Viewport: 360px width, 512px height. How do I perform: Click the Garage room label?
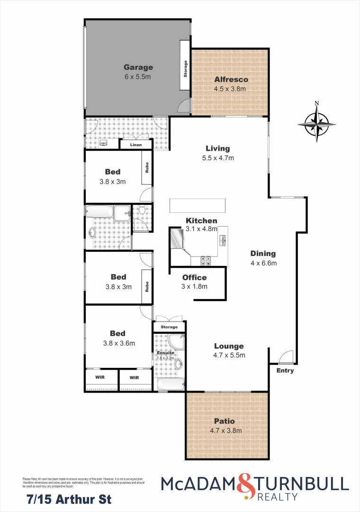pos(138,67)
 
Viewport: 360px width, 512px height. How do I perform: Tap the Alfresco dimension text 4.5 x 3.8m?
pos(231,89)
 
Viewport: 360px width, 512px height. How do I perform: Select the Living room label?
pos(218,148)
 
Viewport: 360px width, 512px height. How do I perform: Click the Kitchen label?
pos(201,220)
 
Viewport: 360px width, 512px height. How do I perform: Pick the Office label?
pos(195,277)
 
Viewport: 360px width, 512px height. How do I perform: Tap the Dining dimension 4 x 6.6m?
pos(263,263)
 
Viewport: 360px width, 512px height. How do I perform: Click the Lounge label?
pos(229,346)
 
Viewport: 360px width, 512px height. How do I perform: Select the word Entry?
pos(285,370)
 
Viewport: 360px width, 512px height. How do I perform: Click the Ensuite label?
pos(166,353)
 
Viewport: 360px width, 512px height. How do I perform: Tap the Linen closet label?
pos(136,145)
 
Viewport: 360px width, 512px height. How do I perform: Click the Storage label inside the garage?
pos(185,68)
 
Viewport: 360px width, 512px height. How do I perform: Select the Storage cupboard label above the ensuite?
pos(169,327)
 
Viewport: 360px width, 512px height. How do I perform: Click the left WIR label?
pos(100,378)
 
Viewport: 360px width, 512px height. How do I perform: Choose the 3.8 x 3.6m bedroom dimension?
pos(118,343)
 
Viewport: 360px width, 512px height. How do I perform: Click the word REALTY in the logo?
pos(278,497)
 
